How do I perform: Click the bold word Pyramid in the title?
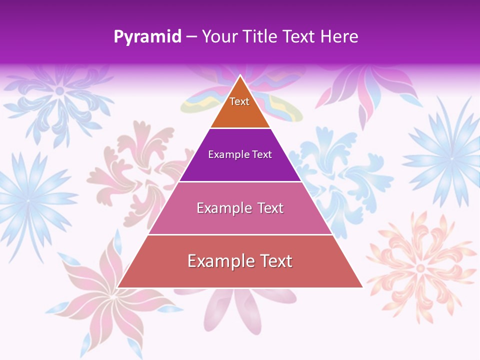(147, 37)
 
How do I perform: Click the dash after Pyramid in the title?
(191, 37)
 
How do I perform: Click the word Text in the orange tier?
(239, 101)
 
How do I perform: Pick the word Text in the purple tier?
(262, 154)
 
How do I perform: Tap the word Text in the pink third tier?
(270, 208)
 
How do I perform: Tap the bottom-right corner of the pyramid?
(362, 287)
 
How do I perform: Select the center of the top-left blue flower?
(59, 90)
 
